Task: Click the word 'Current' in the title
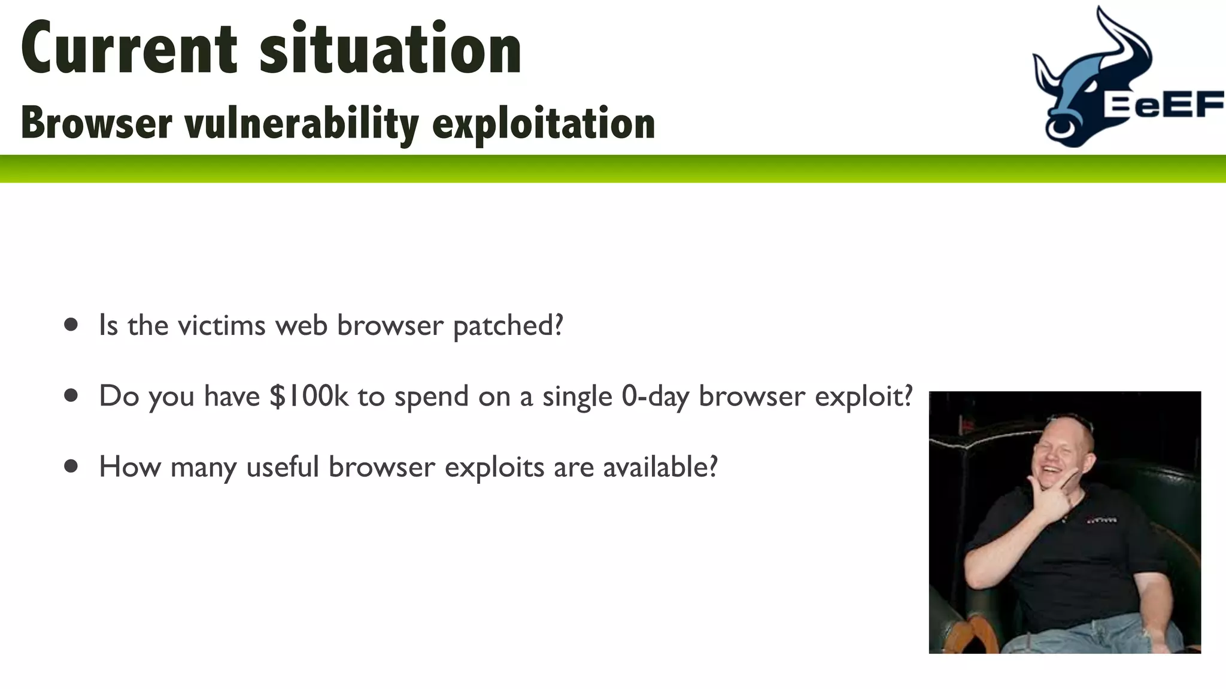coord(129,49)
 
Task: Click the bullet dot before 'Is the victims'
coord(71,325)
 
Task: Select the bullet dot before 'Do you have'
coord(71,395)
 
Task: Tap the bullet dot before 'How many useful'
coord(71,466)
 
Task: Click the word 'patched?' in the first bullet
coord(508,326)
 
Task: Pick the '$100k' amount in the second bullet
coord(309,396)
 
